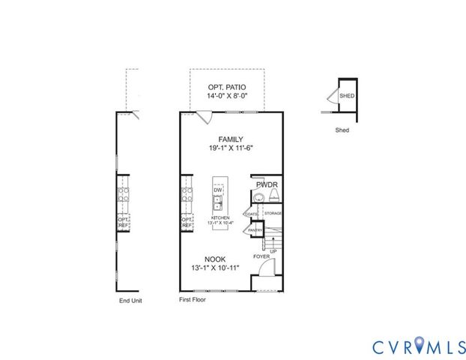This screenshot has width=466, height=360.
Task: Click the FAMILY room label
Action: point(230,139)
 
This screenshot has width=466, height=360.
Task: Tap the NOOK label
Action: point(214,259)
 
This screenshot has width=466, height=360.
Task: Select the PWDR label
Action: point(267,184)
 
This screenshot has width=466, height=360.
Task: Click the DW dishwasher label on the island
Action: point(218,190)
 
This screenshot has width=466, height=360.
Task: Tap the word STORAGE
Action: point(273,214)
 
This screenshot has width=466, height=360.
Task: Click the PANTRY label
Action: point(255,230)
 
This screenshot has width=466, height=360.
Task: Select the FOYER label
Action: point(261,256)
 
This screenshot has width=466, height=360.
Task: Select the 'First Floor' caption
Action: point(192,299)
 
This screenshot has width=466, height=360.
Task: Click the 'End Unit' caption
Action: point(130,300)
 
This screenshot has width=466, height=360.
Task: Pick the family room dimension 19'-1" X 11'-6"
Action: point(231,148)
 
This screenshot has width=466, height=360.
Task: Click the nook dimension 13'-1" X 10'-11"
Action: point(215,268)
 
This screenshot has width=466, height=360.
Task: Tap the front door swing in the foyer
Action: point(271,268)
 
